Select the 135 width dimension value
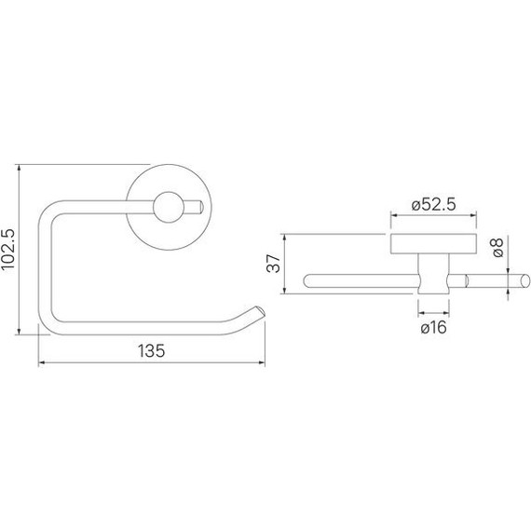(152, 351)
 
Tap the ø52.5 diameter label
(431, 207)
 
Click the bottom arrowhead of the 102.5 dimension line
(20, 330)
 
